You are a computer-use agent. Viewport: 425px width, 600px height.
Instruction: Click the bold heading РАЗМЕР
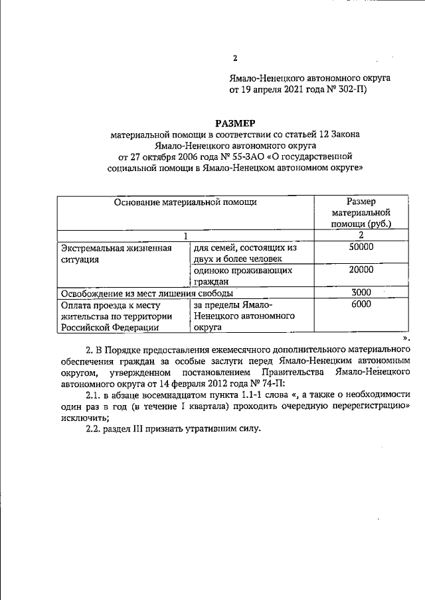[235, 122]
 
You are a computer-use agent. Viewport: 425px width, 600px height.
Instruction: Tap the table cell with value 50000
[361, 247]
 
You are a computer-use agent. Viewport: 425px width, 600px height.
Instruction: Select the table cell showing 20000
[361, 270]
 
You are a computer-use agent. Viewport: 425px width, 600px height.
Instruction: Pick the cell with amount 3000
[361, 292]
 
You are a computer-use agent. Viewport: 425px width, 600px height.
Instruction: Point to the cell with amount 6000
[361, 304]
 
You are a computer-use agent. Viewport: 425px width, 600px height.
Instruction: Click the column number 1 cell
[186, 235]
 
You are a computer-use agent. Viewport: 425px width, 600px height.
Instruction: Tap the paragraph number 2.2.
[96, 428]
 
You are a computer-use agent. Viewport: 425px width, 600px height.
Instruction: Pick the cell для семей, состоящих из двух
[244, 253]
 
